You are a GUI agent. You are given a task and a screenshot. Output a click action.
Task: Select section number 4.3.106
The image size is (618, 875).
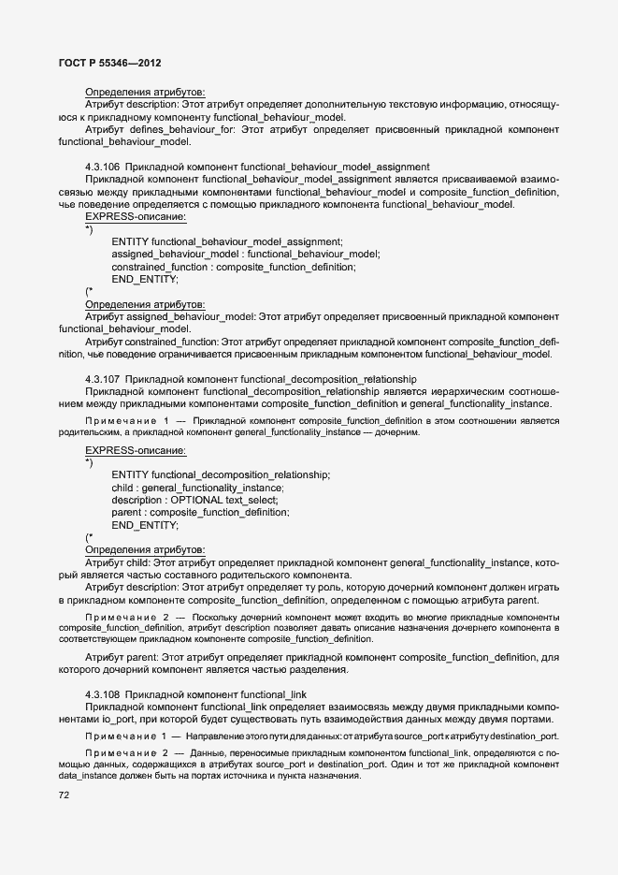tap(102, 166)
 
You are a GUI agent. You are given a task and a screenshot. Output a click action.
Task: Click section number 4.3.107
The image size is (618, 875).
tap(102, 378)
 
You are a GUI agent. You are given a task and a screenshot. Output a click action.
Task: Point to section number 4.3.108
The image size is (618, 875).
tap(102, 693)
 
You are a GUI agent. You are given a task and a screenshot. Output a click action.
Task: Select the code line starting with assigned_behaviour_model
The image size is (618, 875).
tap(246, 254)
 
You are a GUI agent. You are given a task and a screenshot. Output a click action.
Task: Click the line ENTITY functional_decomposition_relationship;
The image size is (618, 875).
tap(221, 474)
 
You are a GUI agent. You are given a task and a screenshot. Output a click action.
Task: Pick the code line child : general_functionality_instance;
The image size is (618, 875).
tap(197, 488)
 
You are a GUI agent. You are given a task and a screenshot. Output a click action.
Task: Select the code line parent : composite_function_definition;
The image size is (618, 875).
tap(200, 513)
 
